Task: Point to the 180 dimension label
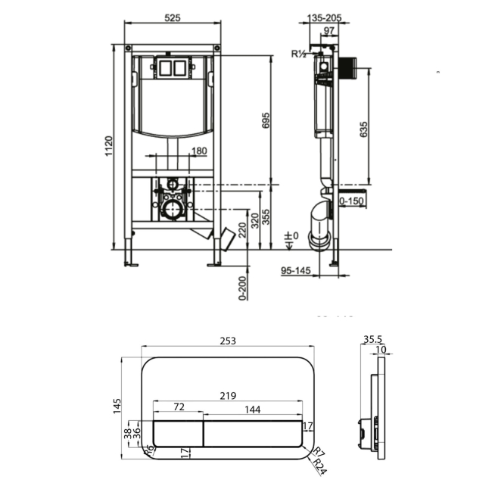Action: click(x=199, y=151)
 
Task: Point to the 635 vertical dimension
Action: click(x=365, y=129)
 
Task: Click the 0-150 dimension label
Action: click(x=353, y=201)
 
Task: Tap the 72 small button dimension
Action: click(x=179, y=407)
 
